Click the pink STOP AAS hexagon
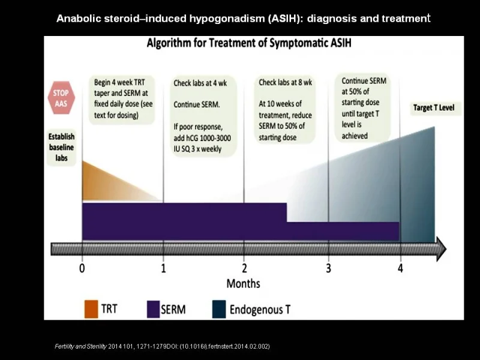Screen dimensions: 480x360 coord(61,98)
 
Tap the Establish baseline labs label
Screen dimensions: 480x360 coord(62,147)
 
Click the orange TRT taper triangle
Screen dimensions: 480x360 coord(116,184)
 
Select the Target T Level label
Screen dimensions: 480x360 coord(434,108)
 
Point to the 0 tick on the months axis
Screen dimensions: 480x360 coord(82,268)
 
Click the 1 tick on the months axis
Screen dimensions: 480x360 coord(163,268)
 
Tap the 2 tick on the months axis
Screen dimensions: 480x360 coord(244,268)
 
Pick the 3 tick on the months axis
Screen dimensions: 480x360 coord(328,268)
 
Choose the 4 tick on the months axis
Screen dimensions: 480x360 coord(400,268)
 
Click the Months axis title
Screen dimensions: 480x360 coord(244,283)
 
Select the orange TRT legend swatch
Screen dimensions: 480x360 coord(91,309)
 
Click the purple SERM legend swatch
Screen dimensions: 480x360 coord(153,309)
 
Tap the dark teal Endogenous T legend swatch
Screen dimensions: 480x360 coord(219,309)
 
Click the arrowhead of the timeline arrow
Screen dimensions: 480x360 coord(442,249)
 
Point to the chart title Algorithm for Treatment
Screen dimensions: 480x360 coord(249,43)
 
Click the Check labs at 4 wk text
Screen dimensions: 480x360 coord(200,83)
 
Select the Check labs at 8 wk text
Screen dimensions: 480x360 coord(286,83)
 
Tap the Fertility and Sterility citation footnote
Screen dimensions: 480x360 coord(162,347)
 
